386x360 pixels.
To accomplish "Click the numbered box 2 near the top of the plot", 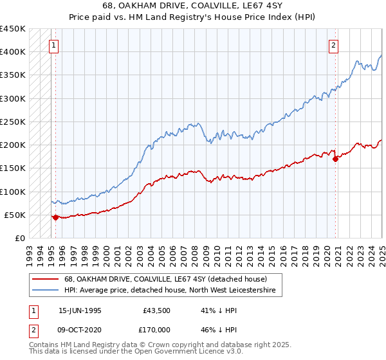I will pos(334,46).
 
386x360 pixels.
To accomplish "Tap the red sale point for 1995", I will pos(55,217).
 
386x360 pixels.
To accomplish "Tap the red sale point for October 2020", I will pos(336,159).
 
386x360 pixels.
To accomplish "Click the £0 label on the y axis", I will pos(20,238).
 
